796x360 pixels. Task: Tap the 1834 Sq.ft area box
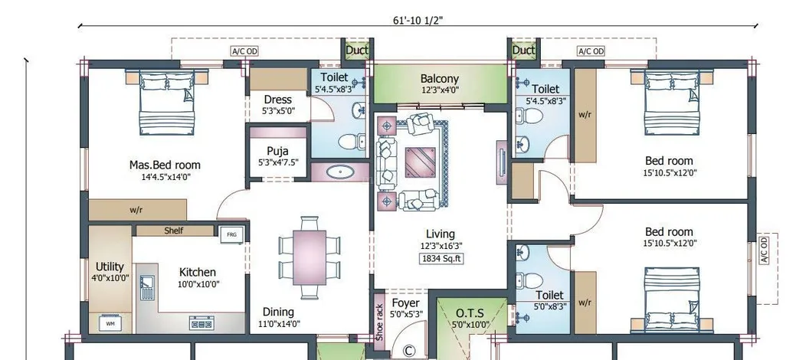[x=441, y=259]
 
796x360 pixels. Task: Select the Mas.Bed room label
[x=165, y=165]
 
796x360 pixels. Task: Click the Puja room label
[x=277, y=151]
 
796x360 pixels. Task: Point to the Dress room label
[x=277, y=100]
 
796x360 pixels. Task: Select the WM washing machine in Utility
[x=110, y=323]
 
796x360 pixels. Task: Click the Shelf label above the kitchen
[x=174, y=231]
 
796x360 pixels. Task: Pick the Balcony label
[x=440, y=78]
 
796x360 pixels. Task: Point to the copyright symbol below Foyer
[x=408, y=351]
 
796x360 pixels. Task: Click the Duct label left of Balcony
[x=357, y=51]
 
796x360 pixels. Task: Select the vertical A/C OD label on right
[x=764, y=250]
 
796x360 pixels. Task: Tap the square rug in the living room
[x=419, y=162]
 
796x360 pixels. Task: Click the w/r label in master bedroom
[x=136, y=209]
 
